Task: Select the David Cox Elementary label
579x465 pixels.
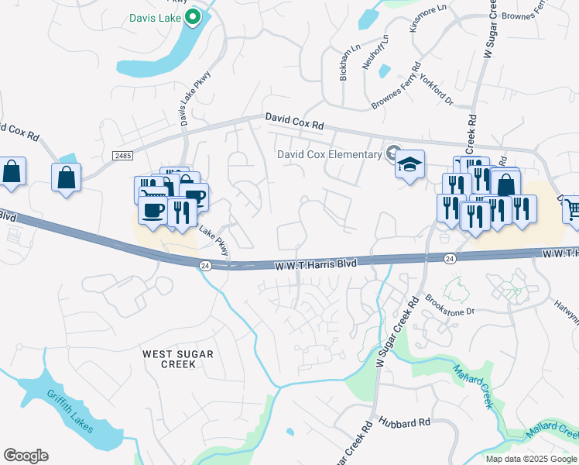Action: click(x=330, y=154)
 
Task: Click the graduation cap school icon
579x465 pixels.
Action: click(x=409, y=164)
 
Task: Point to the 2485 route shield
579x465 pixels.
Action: click(x=122, y=156)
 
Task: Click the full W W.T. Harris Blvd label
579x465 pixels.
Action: click(x=316, y=264)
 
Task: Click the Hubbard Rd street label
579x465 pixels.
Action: click(x=404, y=422)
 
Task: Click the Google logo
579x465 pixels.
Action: click(x=26, y=456)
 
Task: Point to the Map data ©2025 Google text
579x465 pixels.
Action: click(x=531, y=459)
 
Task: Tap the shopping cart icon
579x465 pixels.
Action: click(x=571, y=208)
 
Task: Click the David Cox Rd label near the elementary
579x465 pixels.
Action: click(x=293, y=121)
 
